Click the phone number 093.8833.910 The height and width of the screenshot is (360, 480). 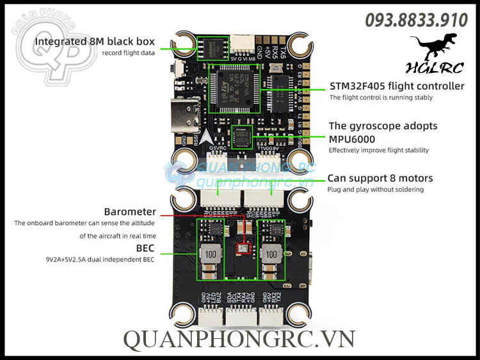coord(416,20)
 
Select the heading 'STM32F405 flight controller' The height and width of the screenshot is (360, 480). coord(397,86)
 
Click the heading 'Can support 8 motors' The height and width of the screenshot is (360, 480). coord(380,178)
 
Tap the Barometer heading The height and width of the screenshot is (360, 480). coord(130,212)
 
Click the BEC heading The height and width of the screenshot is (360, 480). coord(145,247)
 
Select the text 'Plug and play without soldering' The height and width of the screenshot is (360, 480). coord(375,190)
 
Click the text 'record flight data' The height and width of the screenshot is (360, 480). coord(128,53)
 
